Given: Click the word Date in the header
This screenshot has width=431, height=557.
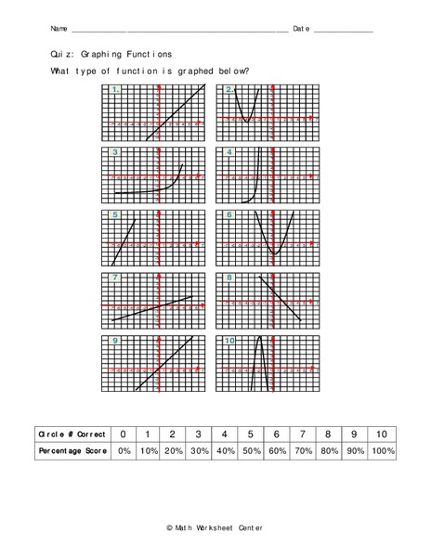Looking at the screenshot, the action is click(301, 29).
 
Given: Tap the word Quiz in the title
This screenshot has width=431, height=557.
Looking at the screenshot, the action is click(64, 55).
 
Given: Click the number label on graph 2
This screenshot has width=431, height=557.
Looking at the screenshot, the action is click(229, 90).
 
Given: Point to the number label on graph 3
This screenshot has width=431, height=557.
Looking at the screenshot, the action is click(115, 152).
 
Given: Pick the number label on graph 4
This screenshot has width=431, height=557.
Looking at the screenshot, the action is click(229, 152).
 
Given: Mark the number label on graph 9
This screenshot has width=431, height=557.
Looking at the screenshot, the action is click(115, 342).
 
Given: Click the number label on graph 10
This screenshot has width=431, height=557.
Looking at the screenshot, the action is click(231, 342).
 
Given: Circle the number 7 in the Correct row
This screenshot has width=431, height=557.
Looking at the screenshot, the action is click(302, 434).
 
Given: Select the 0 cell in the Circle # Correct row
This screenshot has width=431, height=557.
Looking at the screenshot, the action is click(122, 434).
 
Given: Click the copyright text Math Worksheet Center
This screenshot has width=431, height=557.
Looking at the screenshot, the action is click(215, 527).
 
